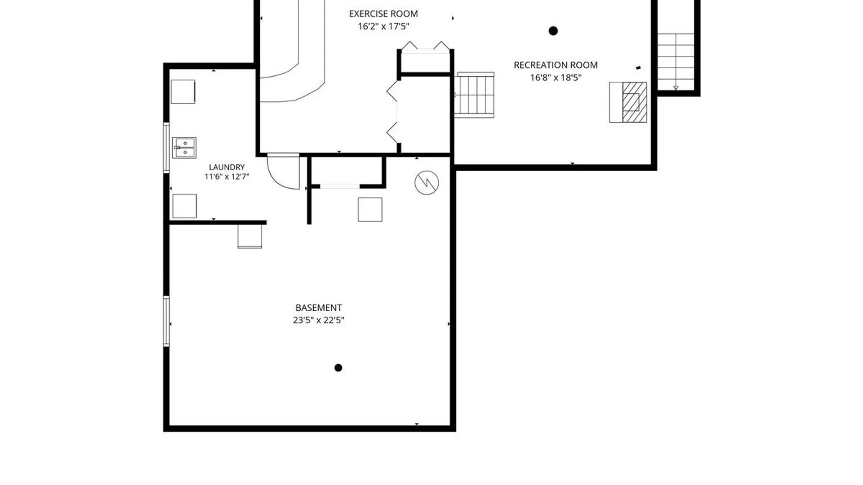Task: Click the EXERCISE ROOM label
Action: coord(383,14)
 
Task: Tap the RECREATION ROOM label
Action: coord(556,65)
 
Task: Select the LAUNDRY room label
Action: coord(227,167)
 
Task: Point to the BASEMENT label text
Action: coord(319,308)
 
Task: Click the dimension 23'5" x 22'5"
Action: coord(319,320)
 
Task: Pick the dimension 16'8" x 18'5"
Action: coord(556,78)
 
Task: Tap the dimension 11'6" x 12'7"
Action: coord(227,176)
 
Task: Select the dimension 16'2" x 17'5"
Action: coord(383,26)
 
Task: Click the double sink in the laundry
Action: coord(184,148)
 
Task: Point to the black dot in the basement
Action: coord(338,368)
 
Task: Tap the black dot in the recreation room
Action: coord(553,31)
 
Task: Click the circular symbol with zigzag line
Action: coord(427,183)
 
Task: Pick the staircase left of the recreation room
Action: coord(474,95)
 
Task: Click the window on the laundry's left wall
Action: coord(166,148)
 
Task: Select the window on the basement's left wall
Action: coord(166,321)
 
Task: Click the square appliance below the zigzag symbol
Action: coord(370,210)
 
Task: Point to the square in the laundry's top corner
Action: coord(183,92)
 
